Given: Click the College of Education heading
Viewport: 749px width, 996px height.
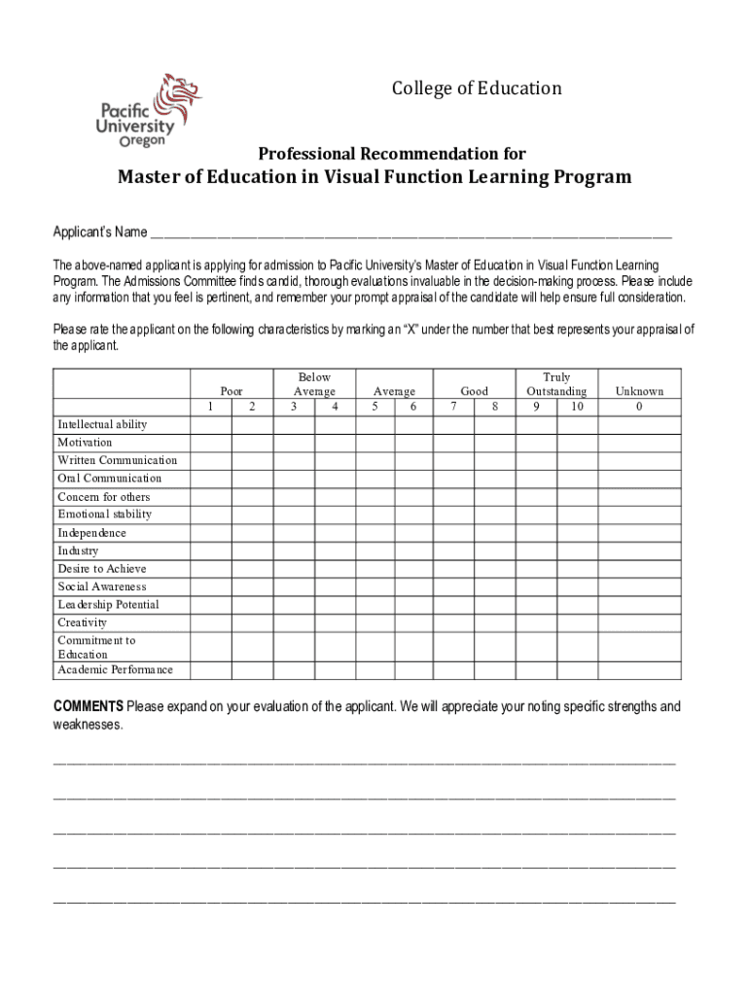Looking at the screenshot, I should click(x=477, y=89).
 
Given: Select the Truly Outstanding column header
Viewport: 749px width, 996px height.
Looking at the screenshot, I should click(x=556, y=384).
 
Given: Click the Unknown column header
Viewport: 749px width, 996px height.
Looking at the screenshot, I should click(x=639, y=391).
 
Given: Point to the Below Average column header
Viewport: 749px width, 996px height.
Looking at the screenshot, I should click(x=314, y=384).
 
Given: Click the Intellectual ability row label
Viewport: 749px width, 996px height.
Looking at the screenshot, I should click(x=102, y=424).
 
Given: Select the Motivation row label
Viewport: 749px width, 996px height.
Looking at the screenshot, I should click(x=85, y=443).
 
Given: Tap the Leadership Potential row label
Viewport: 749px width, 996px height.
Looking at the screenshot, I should click(x=108, y=604).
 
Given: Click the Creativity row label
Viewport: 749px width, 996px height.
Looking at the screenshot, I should click(x=83, y=622).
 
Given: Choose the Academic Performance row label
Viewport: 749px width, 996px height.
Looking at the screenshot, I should click(x=115, y=669).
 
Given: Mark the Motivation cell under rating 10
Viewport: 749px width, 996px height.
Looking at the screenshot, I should click(x=577, y=443).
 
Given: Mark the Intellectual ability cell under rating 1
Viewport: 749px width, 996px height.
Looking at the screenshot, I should click(x=211, y=424).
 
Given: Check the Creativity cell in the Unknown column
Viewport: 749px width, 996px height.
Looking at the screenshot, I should click(x=639, y=622).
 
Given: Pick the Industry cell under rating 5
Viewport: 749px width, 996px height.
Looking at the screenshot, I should click(x=374, y=551).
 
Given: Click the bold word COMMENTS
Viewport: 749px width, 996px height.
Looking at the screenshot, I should click(x=88, y=706).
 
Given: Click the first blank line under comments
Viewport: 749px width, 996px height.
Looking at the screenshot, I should click(x=364, y=763).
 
